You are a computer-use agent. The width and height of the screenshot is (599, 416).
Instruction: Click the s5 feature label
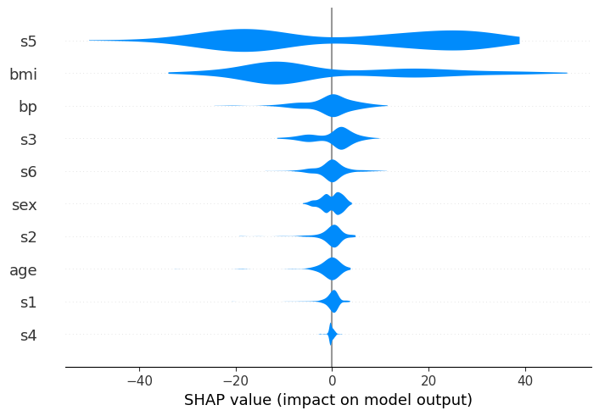point(28,41)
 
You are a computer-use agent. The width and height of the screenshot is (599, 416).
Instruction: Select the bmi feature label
point(24,74)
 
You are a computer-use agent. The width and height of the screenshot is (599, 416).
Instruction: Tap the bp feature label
point(27,107)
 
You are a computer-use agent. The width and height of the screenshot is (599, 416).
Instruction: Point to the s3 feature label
point(28,139)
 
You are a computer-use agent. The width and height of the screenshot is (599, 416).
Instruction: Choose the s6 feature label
point(28,172)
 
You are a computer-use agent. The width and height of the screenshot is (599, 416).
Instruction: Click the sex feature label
point(24,204)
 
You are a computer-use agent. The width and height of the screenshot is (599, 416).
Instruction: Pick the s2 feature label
point(28,237)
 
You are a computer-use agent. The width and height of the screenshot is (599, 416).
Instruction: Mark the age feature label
point(23,270)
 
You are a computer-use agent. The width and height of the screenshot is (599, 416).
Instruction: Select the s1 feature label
point(28,302)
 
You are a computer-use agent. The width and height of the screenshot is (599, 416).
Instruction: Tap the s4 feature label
point(28,336)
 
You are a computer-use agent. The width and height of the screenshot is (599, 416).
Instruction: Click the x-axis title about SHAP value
point(328,400)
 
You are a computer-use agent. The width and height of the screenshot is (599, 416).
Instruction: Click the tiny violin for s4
point(332,336)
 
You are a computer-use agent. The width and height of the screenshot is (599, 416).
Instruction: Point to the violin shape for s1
point(333,302)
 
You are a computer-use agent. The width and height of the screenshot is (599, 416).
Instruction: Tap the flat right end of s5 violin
point(518,41)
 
